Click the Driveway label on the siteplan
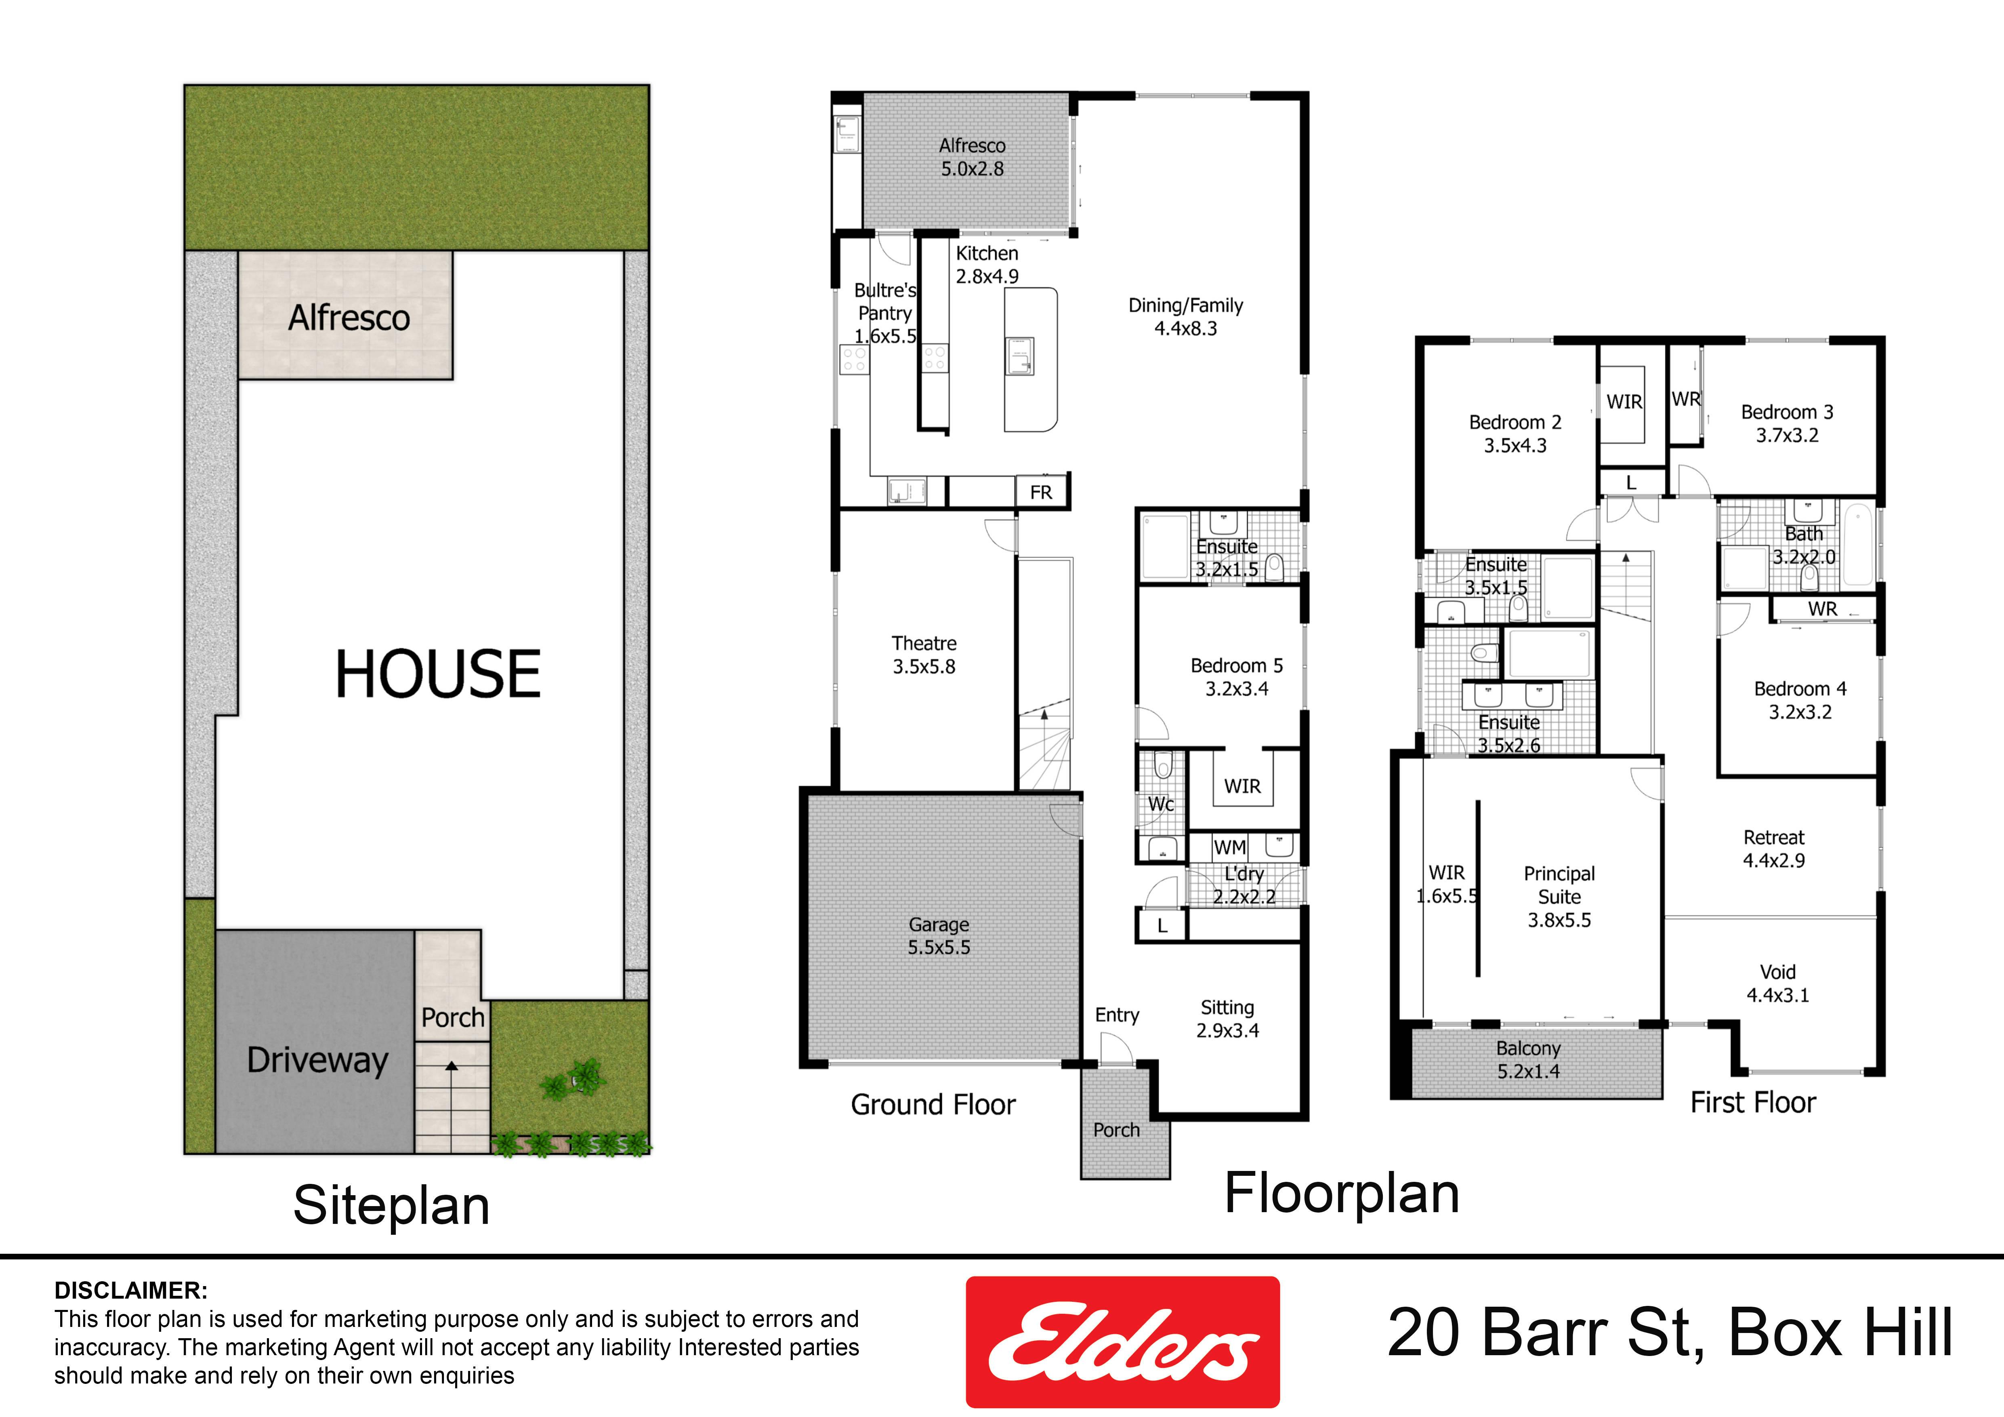(x=318, y=1060)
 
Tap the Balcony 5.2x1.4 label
(x=1528, y=1060)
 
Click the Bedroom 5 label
(x=1237, y=665)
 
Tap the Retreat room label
(x=1773, y=837)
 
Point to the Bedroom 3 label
(x=1788, y=412)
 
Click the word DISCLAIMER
(x=131, y=1291)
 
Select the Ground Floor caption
(x=933, y=1104)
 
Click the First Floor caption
(x=1753, y=1102)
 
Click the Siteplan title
(x=391, y=1206)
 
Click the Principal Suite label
(x=1559, y=885)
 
